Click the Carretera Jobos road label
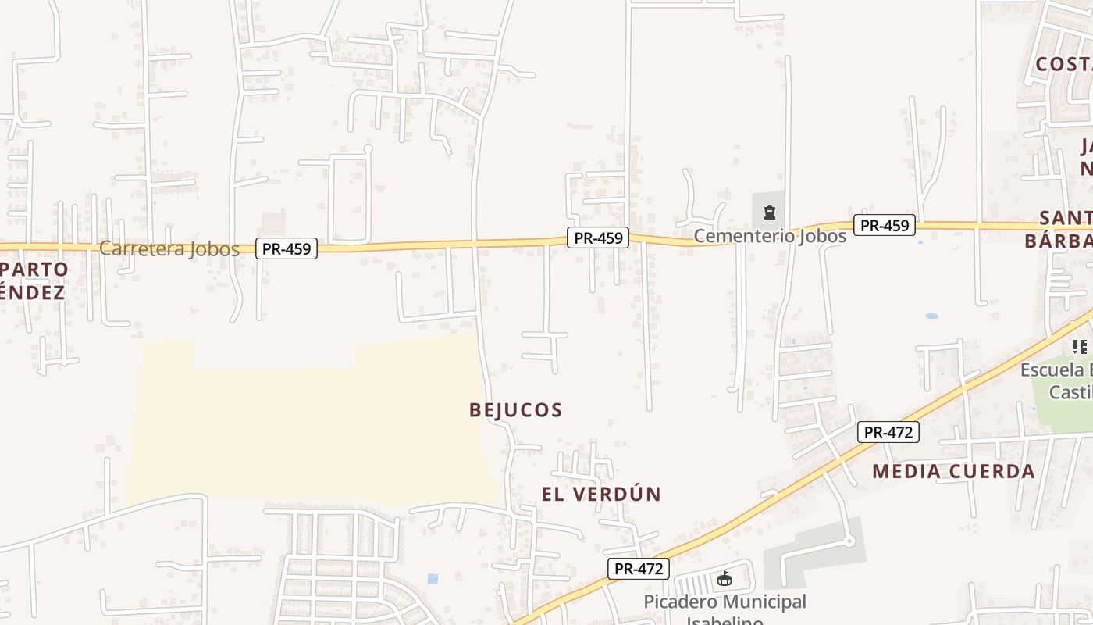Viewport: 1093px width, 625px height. tap(169, 249)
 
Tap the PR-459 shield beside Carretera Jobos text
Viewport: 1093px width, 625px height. tap(287, 249)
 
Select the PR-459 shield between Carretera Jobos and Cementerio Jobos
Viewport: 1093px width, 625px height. tap(598, 237)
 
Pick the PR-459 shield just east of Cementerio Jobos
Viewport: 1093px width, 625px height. tap(884, 226)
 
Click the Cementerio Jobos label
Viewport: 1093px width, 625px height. tap(770, 236)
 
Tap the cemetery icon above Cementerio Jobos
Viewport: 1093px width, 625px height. tap(770, 212)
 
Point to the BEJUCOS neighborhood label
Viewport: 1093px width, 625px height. tap(516, 410)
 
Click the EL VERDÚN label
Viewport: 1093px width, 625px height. tap(601, 495)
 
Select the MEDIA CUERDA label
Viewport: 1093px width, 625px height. tap(953, 472)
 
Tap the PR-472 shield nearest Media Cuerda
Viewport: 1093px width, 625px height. tap(888, 432)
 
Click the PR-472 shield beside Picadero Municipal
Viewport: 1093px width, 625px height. tap(639, 569)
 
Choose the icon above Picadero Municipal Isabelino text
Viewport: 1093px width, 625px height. tap(725, 579)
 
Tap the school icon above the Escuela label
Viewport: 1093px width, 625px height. tap(1080, 346)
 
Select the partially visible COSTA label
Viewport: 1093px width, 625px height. tap(1063, 65)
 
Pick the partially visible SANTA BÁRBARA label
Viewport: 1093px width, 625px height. tap(1059, 229)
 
